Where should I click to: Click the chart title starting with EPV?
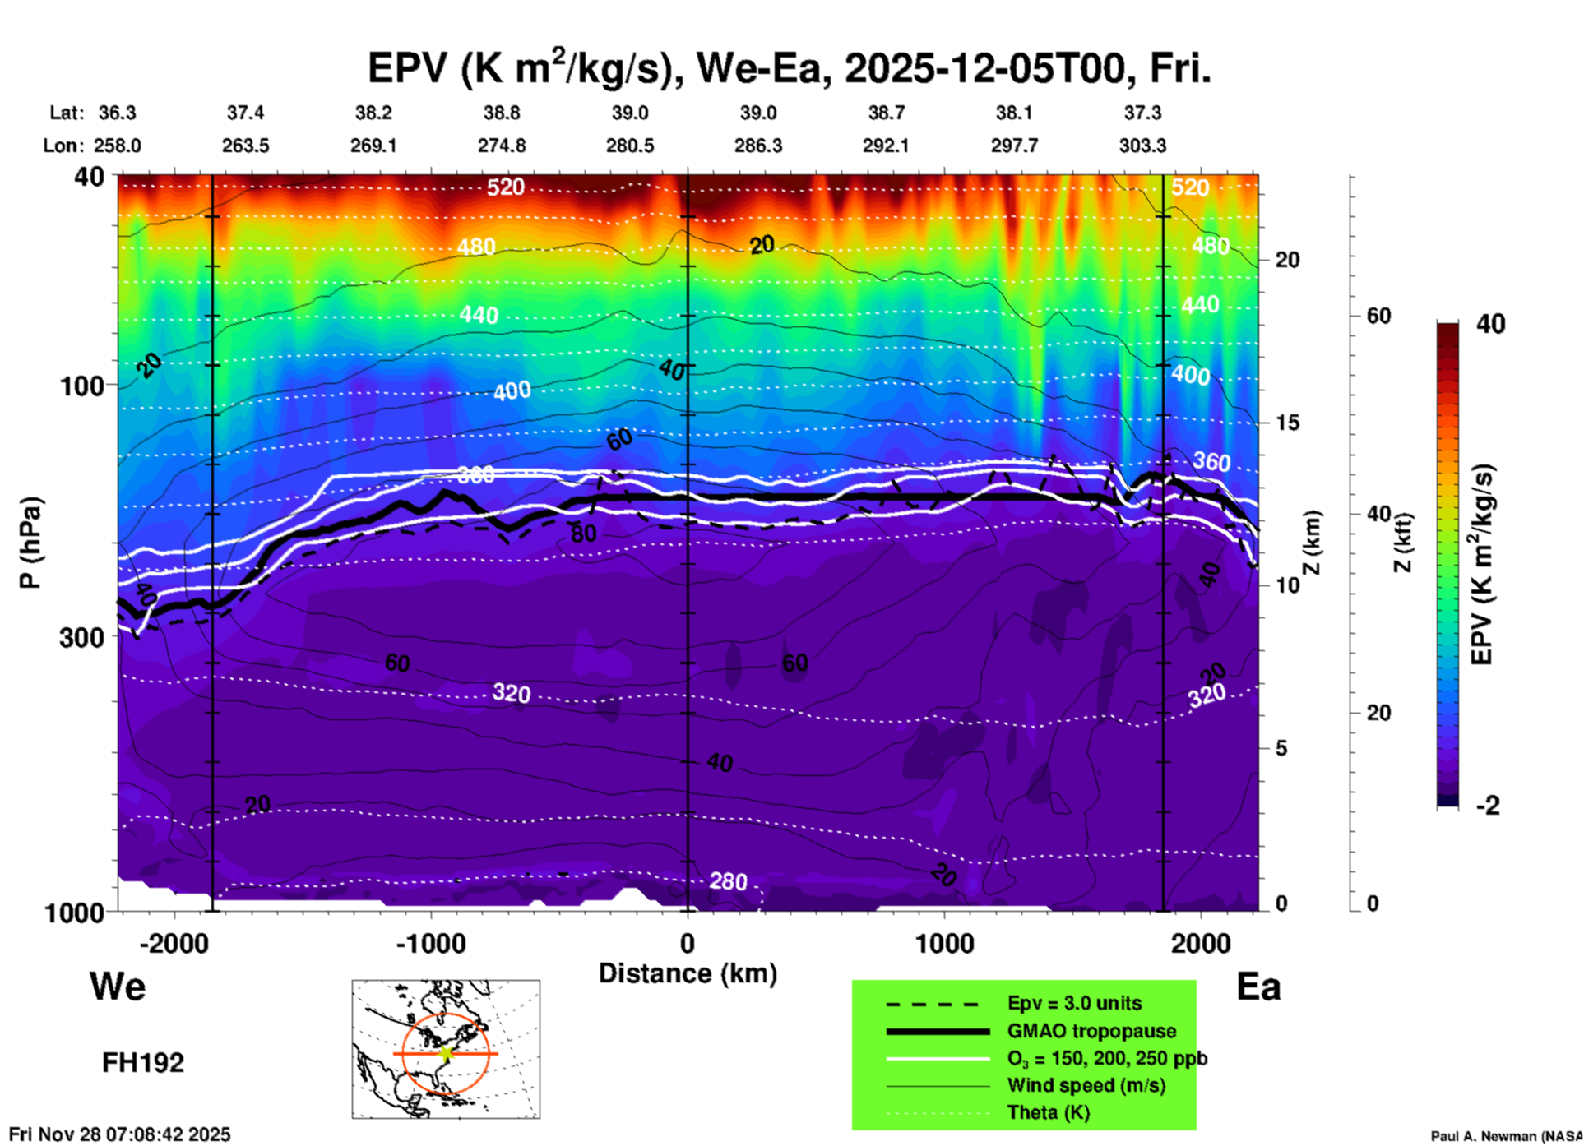pos(789,69)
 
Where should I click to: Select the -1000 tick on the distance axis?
pos(431,944)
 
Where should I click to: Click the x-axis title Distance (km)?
pos(688,973)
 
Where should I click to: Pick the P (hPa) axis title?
pos(30,543)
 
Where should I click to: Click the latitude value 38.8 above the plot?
pos(502,113)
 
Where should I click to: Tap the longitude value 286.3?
pos(758,146)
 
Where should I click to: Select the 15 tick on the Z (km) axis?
pos(1287,423)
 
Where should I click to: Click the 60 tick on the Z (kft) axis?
pos(1379,317)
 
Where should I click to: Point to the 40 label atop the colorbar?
pos(1490,324)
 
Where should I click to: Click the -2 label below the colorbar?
pos(1488,806)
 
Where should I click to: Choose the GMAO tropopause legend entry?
pos(1091,1031)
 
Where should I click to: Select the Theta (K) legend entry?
pos(1049,1112)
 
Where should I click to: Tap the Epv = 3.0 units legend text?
pos(1074,1004)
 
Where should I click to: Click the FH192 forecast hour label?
pos(143,1063)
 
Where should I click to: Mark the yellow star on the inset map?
pos(446,1053)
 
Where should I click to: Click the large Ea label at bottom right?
pos(1258,987)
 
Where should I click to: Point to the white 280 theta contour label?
pos(728,881)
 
